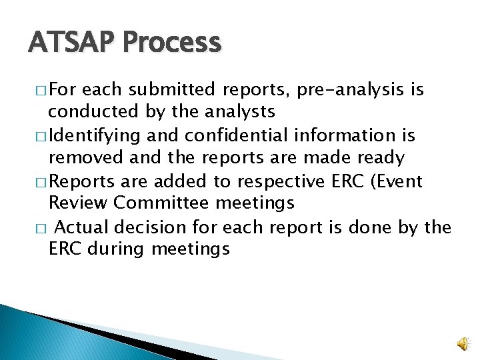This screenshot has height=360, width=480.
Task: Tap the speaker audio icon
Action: point(462,343)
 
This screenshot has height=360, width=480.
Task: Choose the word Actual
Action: point(83,228)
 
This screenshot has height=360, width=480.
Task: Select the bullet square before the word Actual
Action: point(41,229)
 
